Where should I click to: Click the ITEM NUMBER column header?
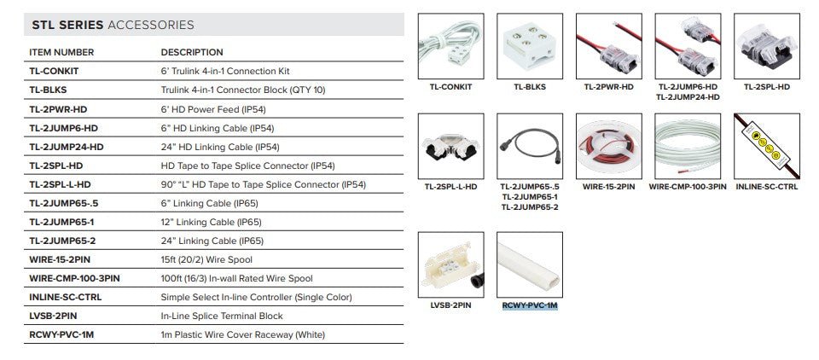click(x=61, y=52)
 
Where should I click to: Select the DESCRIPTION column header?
click(x=192, y=52)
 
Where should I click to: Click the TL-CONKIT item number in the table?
click(x=54, y=71)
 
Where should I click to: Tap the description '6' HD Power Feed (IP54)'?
click(x=212, y=109)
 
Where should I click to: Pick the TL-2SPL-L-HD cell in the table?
click(x=60, y=184)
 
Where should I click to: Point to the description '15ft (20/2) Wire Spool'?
click(x=206, y=259)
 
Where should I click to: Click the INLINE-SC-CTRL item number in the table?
click(x=66, y=298)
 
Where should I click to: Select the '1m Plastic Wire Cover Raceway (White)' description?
click(x=243, y=335)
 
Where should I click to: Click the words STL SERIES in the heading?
click(x=68, y=25)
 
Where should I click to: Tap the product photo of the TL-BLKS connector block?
click(x=530, y=46)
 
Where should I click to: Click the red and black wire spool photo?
click(x=608, y=146)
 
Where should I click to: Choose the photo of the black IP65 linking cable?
click(x=530, y=146)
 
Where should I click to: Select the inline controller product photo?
click(x=766, y=146)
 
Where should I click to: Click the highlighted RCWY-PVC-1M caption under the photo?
click(x=530, y=305)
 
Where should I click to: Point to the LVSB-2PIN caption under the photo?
click(x=450, y=305)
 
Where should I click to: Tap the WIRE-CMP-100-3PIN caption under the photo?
click(x=688, y=187)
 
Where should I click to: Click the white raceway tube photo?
click(x=530, y=265)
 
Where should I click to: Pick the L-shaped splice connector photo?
click(x=450, y=146)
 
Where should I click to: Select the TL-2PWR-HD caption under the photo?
click(x=608, y=87)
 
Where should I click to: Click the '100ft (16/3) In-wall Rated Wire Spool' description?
click(x=236, y=278)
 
